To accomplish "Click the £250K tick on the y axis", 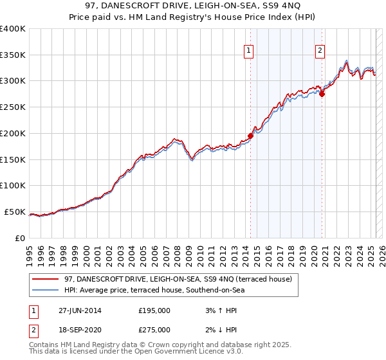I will pyautogui.click(x=12, y=107).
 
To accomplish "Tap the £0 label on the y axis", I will pyautogui.click(x=19, y=238).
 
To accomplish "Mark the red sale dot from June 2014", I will pyautogui.click(x=251, y=136).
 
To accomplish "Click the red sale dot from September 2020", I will pyautogui.click(x=322, y=94).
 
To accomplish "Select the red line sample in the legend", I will pyautogui.click(x=46, y=280).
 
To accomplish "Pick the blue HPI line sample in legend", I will pyautogui.click(x=46, y=291).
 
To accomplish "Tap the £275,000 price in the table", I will pyautogui.click(x=154, y=329).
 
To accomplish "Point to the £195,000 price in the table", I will pyautogui.click(x=154, y=310).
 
